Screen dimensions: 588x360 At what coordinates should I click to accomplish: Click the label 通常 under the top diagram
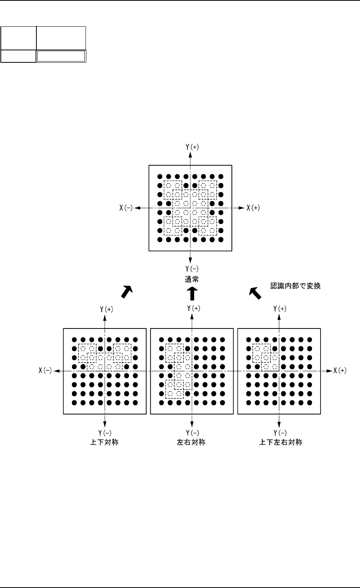click(192, 279)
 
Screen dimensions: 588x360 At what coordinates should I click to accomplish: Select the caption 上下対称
click(104, 442)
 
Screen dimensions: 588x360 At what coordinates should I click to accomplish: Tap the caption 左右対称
click(191, 442)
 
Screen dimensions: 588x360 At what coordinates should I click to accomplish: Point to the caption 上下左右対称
click(281, 442)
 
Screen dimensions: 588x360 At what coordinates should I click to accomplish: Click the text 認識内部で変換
click(295, 286)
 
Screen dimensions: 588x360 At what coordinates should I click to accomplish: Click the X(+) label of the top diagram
click(253, 208)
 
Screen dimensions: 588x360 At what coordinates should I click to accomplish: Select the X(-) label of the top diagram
click(126, 208)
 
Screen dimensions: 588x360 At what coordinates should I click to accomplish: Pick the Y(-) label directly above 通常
click(192, 268)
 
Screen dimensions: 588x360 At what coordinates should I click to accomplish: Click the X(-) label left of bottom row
click(45, 371)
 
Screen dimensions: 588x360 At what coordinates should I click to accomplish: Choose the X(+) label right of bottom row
click(340, 371)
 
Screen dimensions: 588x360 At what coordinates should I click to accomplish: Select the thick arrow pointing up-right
click(127, 292)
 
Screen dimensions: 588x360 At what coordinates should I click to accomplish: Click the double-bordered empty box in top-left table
click(61, 57)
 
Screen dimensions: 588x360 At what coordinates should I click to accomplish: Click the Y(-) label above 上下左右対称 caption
click(280, 433)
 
